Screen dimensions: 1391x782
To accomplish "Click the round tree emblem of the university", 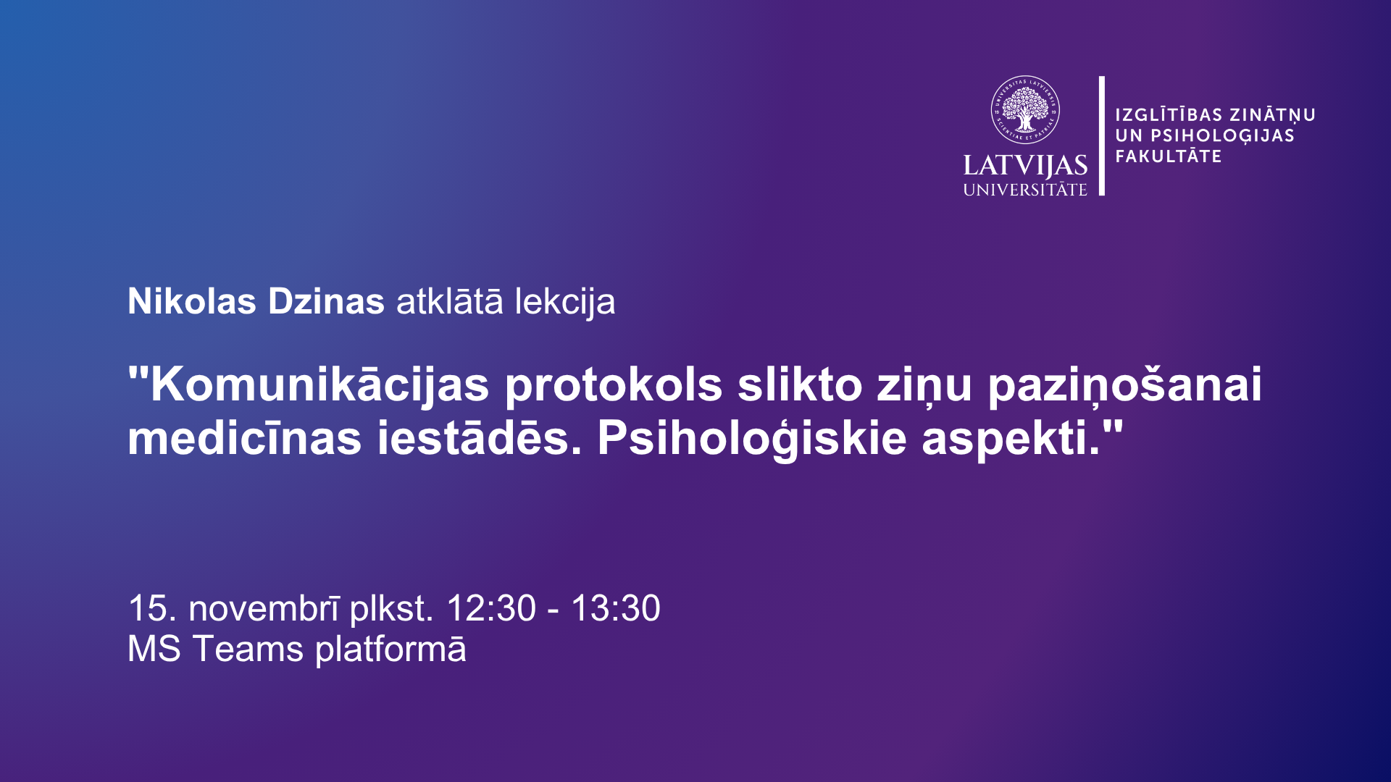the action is (x=1025, y=110).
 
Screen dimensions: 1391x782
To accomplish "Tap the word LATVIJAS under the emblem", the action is (x=1025, y=167).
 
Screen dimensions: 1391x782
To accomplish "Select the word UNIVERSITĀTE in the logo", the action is (x=1025, y=190).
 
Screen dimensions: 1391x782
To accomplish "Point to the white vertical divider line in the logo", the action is (x=1102, y=135).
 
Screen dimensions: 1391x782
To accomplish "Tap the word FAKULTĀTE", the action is (x=1169, y=156).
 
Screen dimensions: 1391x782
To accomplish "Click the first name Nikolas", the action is (x=192, y=301).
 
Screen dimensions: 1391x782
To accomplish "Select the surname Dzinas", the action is (x=326, y=301).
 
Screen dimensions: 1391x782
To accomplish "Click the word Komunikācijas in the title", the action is (x=319, y=384).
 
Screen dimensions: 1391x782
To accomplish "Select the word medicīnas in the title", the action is (x=245, y=438).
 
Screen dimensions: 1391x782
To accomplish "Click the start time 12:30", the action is (x=491, y=608).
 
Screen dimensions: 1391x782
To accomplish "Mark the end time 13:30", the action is (x=616, y=608).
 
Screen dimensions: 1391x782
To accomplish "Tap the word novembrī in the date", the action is (x=264, y=608).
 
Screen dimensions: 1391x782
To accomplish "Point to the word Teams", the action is (x=248, y=649).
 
